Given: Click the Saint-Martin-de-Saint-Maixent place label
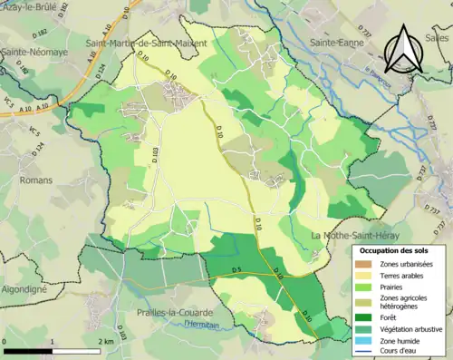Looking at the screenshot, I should tap(145, 43).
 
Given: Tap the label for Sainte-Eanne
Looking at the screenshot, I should tap(334, 43).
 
